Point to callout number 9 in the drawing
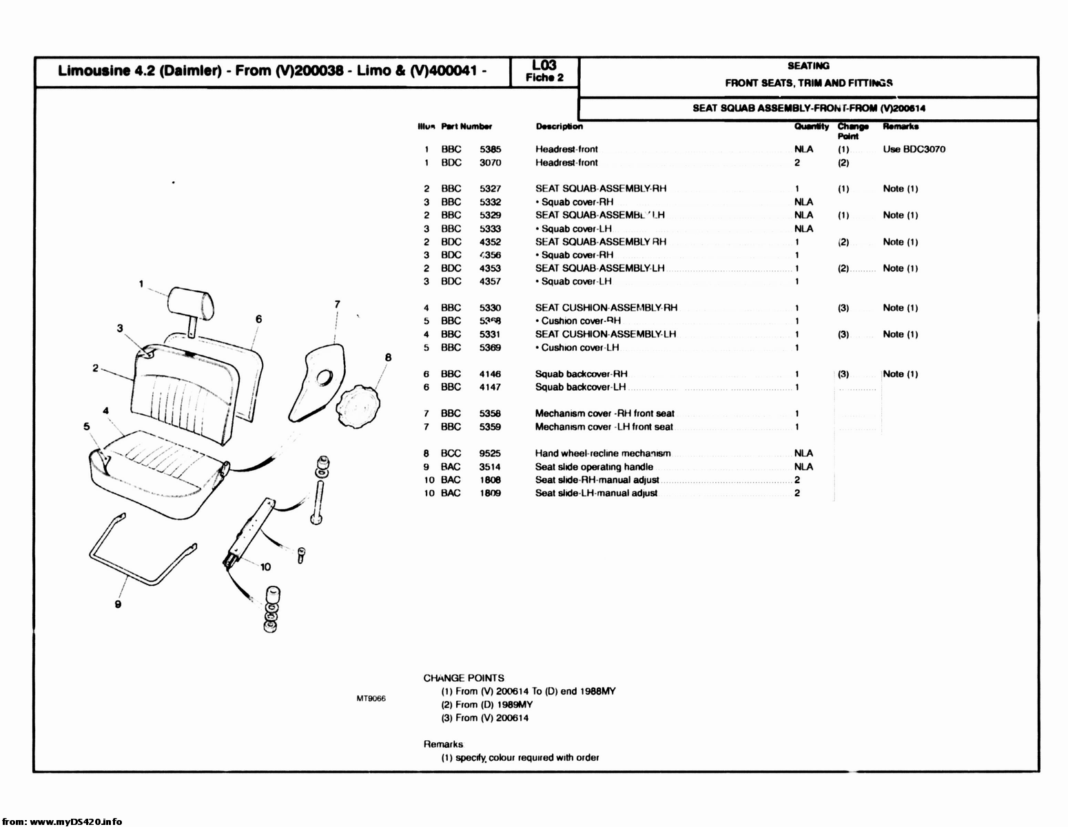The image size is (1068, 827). tap(118, 604)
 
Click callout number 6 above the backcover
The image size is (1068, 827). tap(258, 319)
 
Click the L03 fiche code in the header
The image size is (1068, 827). tap(544, 65)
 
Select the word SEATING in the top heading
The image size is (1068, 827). tap(808, 66)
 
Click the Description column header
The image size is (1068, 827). tap(559, 126)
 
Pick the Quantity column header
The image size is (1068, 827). tap(811, 126)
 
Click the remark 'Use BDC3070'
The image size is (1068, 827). tap(914, 149)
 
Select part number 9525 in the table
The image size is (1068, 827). tap(490, 453)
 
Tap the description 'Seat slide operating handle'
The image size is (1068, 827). tap(594, 467)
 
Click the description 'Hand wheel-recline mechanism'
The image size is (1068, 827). tap(602, 453)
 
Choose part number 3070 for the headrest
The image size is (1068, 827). tap(490, 163)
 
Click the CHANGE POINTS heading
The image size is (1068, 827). tap(464, 677)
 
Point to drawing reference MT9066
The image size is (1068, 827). tap(371, 698)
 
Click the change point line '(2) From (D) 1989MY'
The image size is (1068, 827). tap(486, 704)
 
